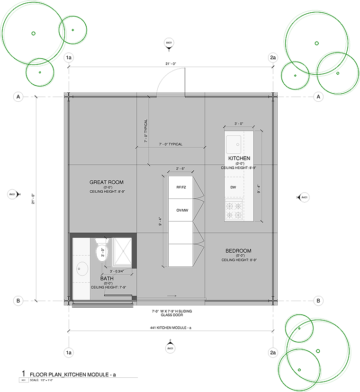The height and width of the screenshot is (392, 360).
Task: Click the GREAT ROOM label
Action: (x=107, y=182)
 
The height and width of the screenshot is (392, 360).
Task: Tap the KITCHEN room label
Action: (x=239, y=158)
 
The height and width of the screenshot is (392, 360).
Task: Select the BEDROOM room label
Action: (x=239, y=250)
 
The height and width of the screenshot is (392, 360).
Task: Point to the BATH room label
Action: (x=107, y=278)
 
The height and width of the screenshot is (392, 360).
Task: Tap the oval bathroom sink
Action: (x=81, y=269)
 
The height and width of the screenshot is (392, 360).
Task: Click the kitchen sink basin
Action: (x=233, y=142)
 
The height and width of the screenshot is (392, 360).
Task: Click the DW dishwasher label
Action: (x=233, y=187)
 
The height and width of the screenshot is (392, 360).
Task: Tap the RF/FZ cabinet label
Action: (x=180, y=187)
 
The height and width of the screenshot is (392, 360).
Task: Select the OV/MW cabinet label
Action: (x=180, y=210)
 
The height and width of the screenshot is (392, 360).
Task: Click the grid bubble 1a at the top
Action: (x=69, y=58)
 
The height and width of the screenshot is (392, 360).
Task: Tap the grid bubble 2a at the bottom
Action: (x=272, y=353)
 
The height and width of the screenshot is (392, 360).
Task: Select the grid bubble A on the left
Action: (x=18, y=97)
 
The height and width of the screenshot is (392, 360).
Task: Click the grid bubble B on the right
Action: (x=319, y=301)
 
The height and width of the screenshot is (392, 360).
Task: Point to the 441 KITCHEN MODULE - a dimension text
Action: (x=171, y=328)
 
